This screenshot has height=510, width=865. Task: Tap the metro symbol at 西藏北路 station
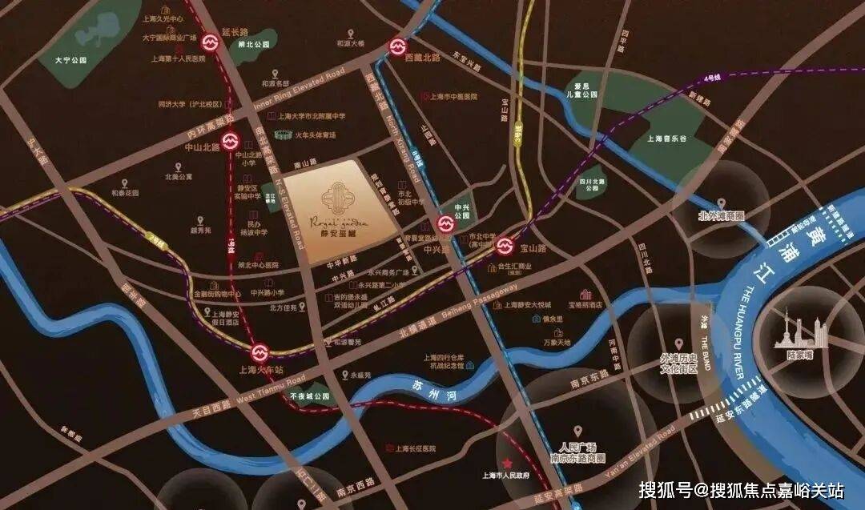pyautogui.click(x=398, y=47)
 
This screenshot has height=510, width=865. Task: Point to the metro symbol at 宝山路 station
pyautogui.click(x=505, y=245)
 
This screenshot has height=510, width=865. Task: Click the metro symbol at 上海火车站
pyautogui.click(x=259, y=352)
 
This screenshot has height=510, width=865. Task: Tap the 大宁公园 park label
pyautogui.click(x=70, y=60)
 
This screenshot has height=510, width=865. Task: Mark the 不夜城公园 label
pyautogui.click(x=310, y=396)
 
